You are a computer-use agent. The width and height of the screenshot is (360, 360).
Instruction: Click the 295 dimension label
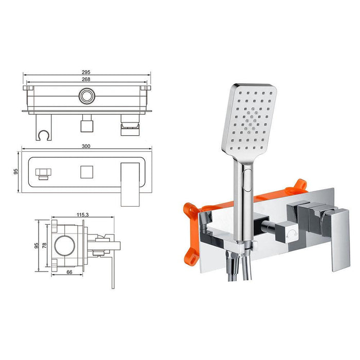point(86,72)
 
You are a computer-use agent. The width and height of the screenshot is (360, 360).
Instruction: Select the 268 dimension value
point(86,79)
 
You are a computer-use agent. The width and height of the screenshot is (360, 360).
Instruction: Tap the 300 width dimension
point(86,146)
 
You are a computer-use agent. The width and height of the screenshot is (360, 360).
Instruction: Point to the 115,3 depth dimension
point(83,214)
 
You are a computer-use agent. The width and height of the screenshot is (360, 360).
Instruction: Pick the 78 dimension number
point(45,245)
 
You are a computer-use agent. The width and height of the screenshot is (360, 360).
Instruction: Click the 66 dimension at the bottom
point(69,272)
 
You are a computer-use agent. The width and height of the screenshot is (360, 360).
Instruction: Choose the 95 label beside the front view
point(16,171)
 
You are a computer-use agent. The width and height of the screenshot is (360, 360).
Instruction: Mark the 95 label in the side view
point(37,246)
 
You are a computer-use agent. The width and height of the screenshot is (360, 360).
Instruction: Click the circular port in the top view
point(87,96)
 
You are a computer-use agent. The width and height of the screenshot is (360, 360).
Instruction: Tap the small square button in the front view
point(87,172)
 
